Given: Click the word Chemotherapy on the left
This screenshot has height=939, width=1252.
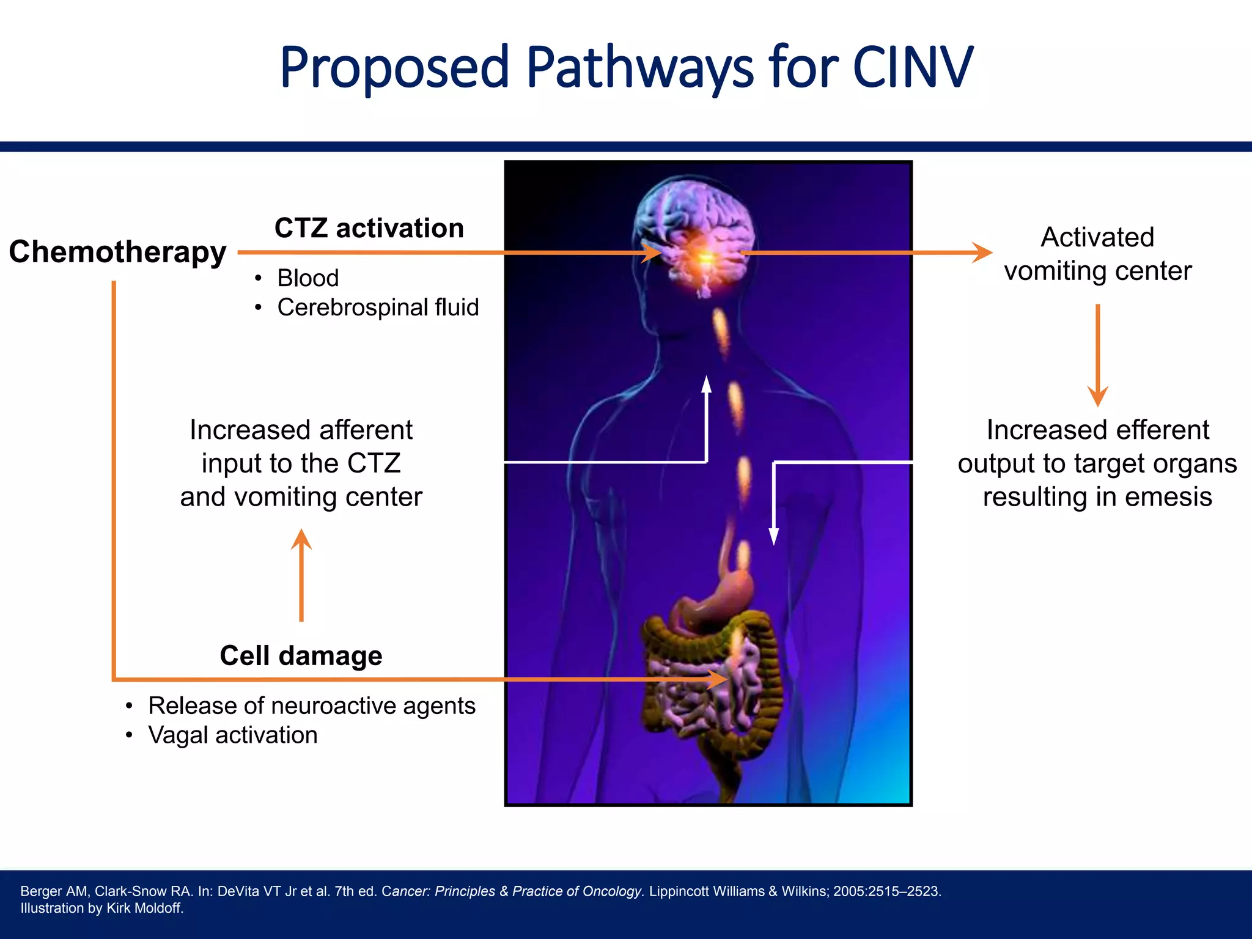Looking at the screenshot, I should tap(117, 252).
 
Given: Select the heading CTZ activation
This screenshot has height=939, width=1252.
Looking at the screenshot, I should tap(369, 228).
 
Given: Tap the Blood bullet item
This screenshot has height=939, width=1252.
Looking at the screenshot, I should tap(307, 278).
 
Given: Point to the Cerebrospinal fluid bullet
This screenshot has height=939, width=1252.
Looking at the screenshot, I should tap(378, 307).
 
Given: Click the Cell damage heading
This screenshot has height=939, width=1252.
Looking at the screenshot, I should tap(301, 655).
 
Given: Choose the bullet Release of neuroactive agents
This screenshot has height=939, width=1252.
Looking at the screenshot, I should tap(312, 705).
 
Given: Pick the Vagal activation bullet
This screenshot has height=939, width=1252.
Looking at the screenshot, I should tap(233, 735).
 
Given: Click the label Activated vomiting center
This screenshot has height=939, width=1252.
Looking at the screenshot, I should tap(1097, 254).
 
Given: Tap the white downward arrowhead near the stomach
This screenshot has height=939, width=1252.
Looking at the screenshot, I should tap(774, 536).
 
